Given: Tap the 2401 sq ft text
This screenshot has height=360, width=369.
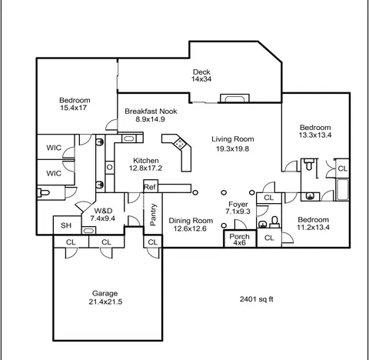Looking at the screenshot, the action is [x=257, y=299].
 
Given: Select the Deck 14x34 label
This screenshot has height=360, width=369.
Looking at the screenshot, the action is [x=201, y=75].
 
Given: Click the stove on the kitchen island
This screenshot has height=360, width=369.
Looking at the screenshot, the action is [x=180, y=143].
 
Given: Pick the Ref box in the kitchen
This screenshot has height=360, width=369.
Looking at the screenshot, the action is [x=151, y=186].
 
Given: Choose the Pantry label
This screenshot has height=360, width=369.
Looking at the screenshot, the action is [x=153, y=215].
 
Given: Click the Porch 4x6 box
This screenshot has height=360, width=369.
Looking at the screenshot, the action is [x=240, y=239].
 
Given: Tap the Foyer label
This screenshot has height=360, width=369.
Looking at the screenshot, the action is [x=238, y=205].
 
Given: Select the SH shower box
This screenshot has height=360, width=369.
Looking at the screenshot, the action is [x=67, y=225].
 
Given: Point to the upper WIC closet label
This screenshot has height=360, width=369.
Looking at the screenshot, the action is [x=54, y=148].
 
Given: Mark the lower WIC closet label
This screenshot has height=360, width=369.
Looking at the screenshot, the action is [x=54, y=173].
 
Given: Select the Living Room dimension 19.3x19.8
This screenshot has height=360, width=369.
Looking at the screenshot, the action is [x=233, y=148].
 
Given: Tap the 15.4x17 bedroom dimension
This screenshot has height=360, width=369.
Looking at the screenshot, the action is [x=73, y=108].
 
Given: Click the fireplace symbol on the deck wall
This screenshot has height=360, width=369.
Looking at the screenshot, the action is [x=234, y=98].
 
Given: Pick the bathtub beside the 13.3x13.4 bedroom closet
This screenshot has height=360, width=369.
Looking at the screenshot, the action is [x=342, y=190].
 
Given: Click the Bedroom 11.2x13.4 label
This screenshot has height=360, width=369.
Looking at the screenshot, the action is [x=313, y=223].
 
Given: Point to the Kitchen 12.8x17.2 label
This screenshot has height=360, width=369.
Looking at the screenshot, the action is [x=145, y=165].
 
